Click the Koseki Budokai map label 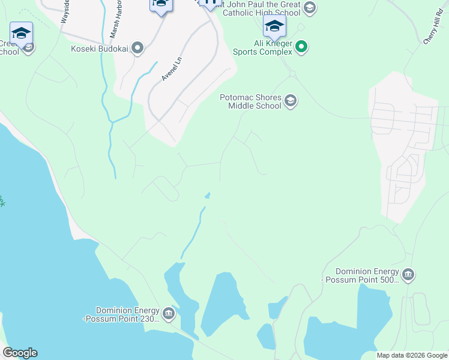99,49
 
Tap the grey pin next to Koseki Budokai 137,48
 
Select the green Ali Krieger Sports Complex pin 302,46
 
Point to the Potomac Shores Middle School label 251,101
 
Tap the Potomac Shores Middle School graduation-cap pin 291,100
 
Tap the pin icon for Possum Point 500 408,275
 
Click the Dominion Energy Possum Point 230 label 122,314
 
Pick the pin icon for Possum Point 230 169,313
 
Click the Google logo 20,353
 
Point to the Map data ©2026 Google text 412,355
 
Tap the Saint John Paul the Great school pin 309,8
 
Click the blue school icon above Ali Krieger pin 274,26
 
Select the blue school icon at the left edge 21,33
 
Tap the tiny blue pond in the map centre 208,196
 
